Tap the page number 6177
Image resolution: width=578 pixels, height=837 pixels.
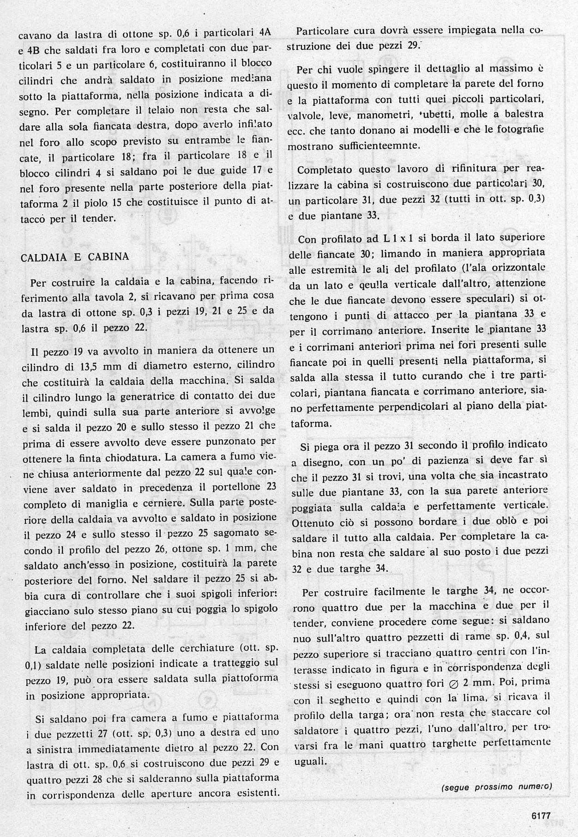[x=538, y=816]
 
